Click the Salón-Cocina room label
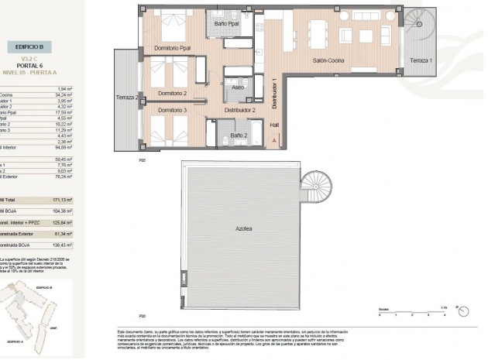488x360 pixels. [x=329, y=61]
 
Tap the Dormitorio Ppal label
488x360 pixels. [x=173, y=48]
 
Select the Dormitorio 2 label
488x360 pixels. [x=173, y=94]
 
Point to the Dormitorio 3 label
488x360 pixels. [x=173, y=111]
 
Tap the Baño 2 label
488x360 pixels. [x=239, y=135]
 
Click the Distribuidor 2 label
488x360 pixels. [x=241, y=111]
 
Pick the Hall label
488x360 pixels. [x=273, y=125]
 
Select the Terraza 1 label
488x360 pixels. [x=421, y=61]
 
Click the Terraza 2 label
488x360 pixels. [x=126, y=98]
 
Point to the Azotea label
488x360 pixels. [x=241, y=230]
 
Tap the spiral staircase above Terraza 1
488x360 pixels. [x=419, y=22]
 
